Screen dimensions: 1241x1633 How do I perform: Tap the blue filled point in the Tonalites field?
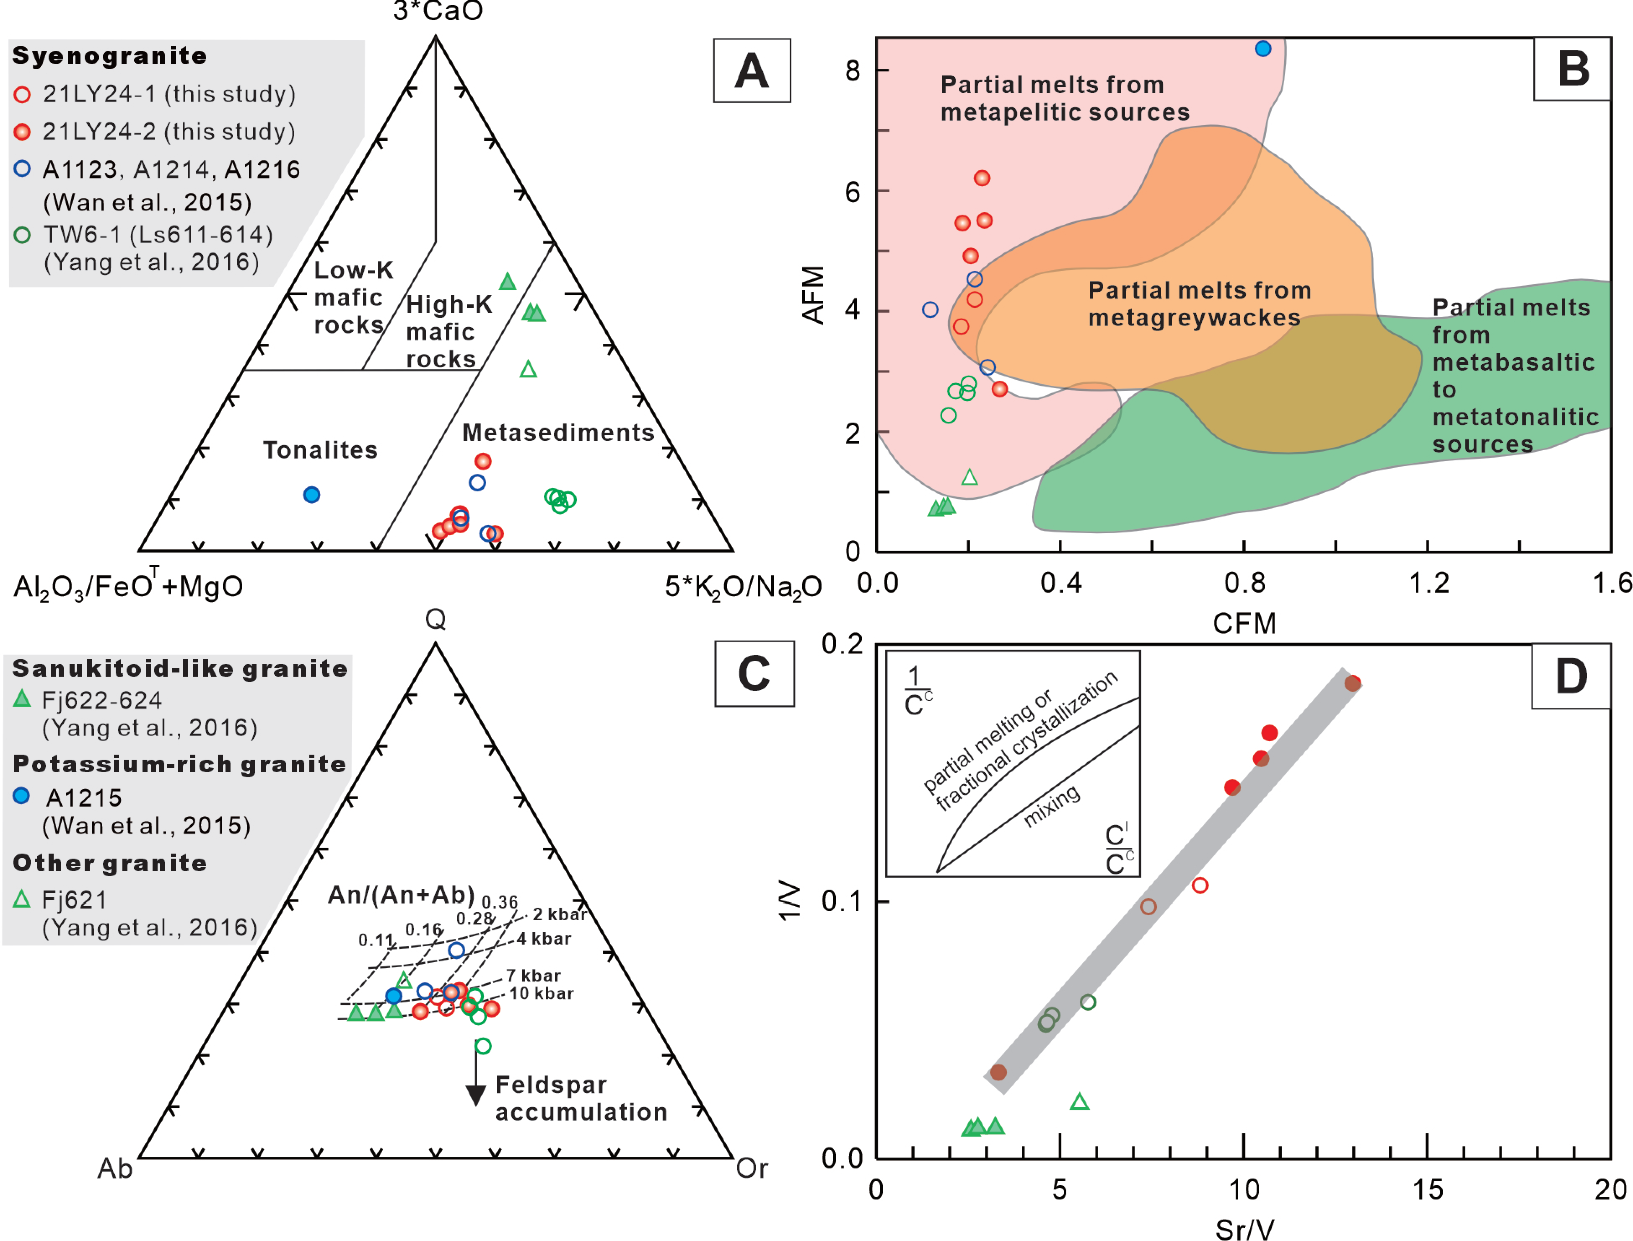[312, 495]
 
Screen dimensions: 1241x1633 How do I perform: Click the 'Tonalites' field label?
[321, 450]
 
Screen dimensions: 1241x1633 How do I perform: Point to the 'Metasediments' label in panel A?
[557, 432]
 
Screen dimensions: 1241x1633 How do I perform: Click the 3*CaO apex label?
[437, 11]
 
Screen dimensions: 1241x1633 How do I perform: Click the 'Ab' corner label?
[115, 1168]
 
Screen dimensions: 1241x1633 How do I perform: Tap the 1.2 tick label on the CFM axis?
[1428, 584]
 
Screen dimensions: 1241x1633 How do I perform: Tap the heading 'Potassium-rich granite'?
[179, 764]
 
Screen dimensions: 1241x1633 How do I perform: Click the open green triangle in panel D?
[1079, 1102]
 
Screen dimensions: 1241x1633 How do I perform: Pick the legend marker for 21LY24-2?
[22, 132]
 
